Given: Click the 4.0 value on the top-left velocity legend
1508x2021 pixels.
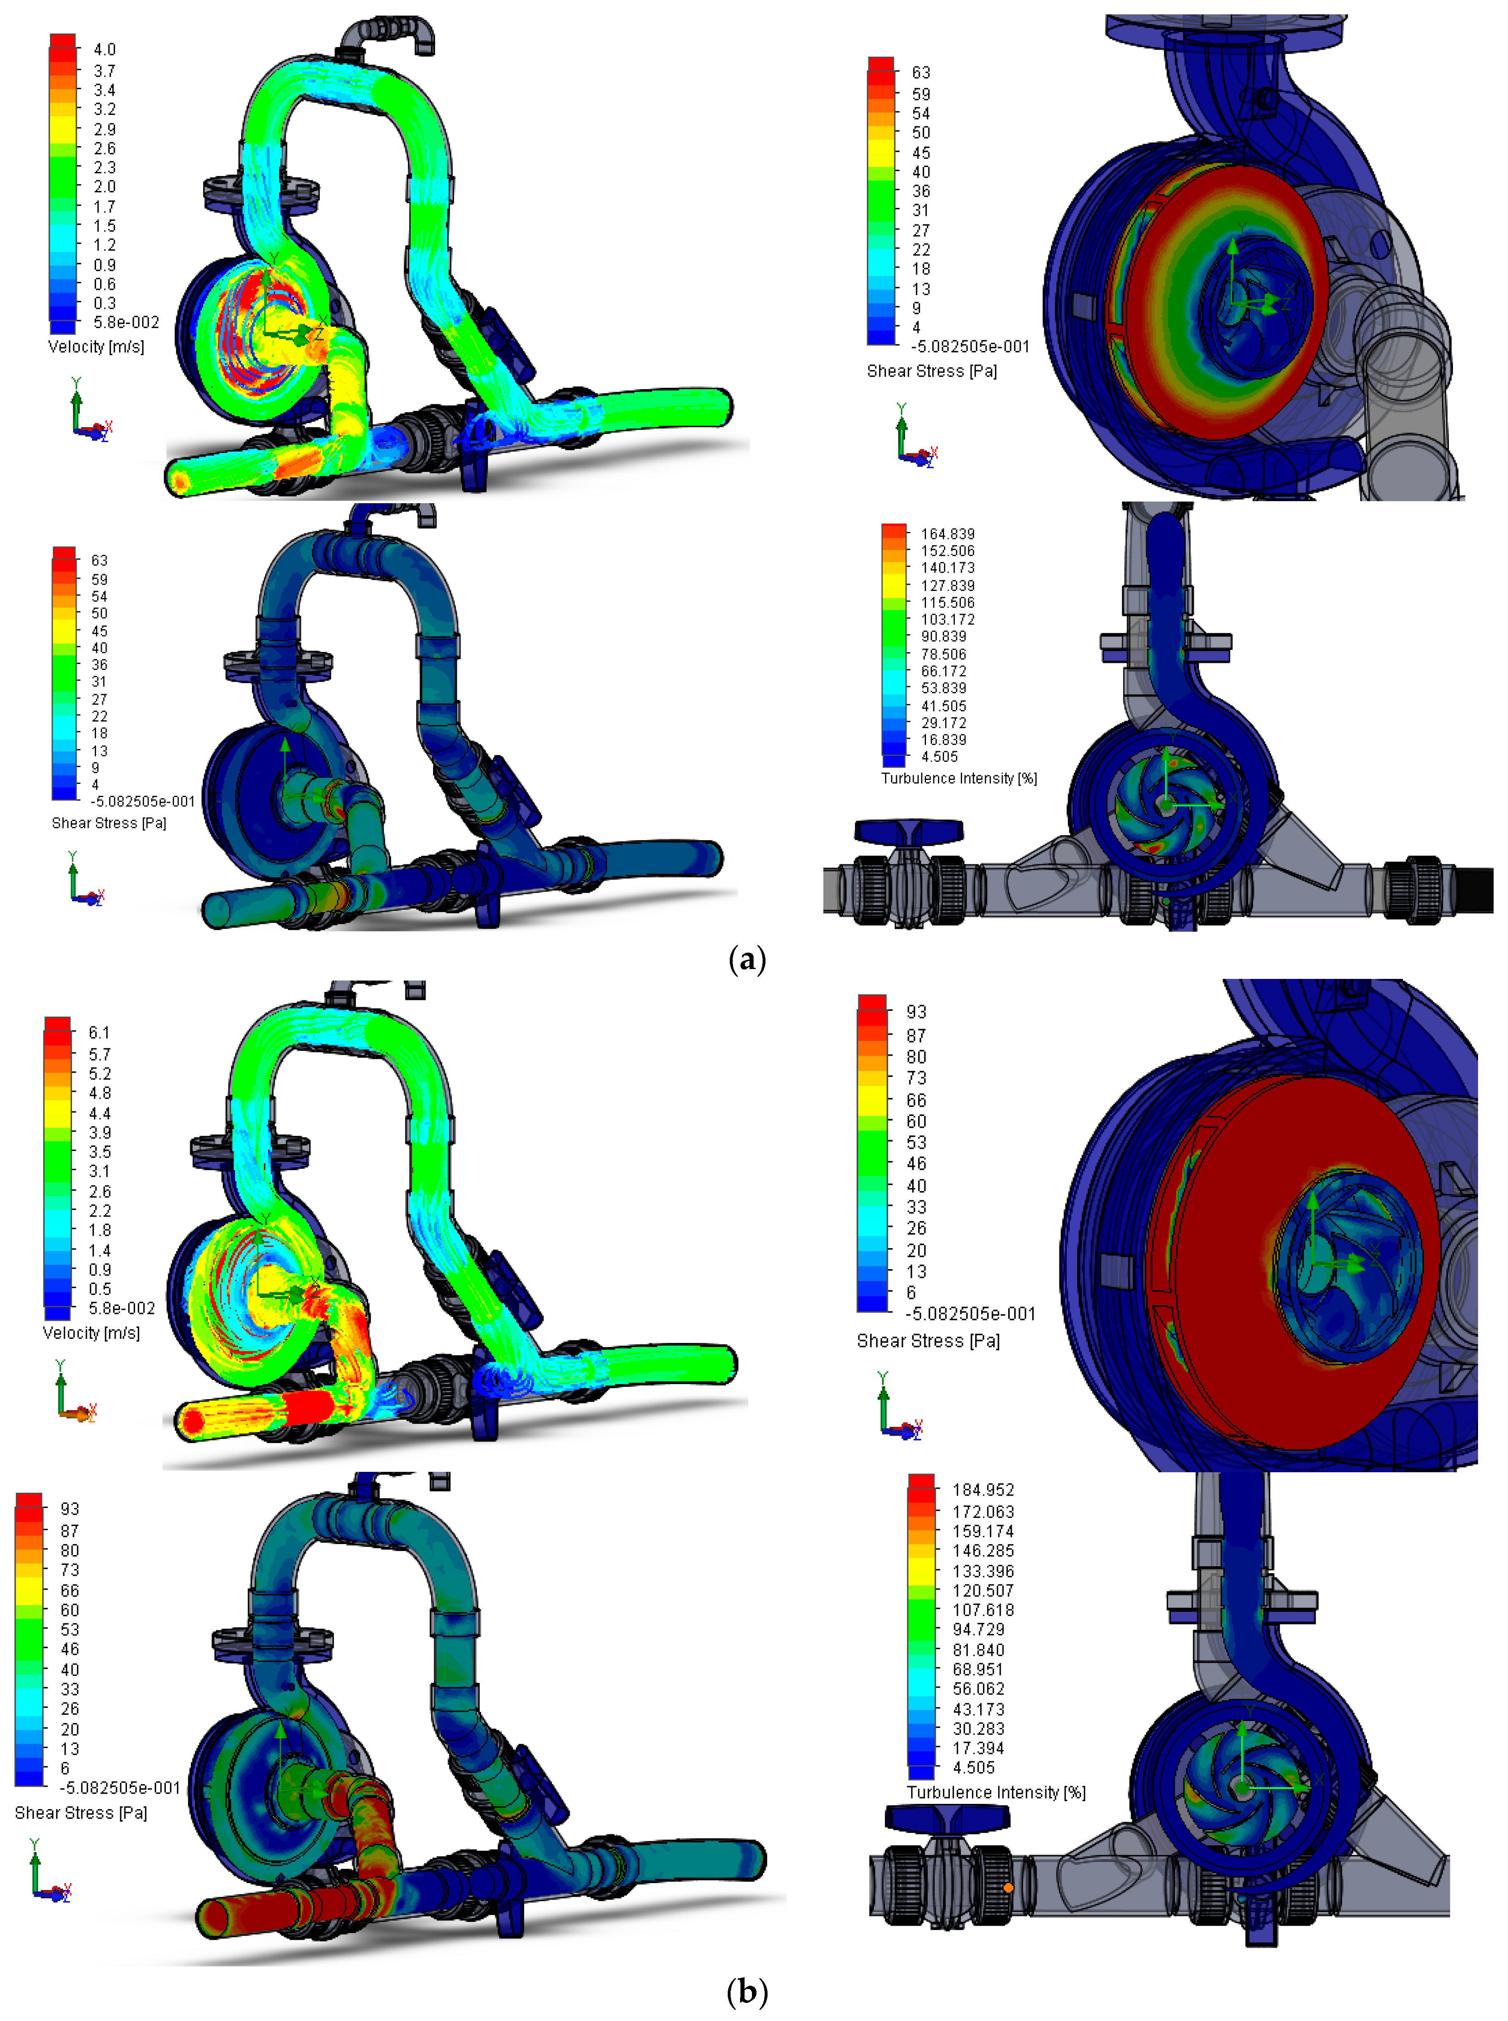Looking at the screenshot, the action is [x=104, y=49].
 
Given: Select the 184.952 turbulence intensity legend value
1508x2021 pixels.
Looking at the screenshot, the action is [x=983, y=1490].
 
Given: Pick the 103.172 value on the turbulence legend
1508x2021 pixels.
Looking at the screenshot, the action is [x=947, y=619].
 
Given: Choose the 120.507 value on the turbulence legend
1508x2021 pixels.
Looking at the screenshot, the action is [x=983, y=1590].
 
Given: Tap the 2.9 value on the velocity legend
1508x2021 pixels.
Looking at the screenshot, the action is [x=104, y=129].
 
